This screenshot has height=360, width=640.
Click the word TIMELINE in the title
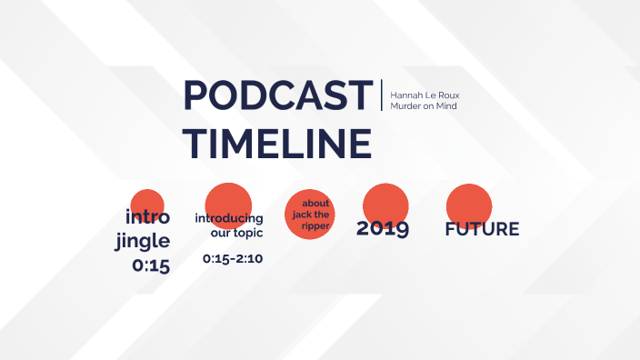click(x=276, y=144)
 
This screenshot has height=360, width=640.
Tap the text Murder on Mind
click(x=423, y=106)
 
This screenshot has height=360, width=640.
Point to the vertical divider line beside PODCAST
click(x=382, y=95)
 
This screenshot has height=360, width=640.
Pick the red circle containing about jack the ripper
click(x=308, y=215)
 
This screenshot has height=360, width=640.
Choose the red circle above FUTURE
click(x=469, y=202)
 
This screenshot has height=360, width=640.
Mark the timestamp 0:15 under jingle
click(x=151, y=266)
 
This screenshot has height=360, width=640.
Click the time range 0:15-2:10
click(x=233, y=259)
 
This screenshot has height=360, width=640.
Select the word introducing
click(x=229, y=218)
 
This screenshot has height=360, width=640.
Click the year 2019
click(x=382, y=228)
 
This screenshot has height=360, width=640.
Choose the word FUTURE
click(x=482, y=229)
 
